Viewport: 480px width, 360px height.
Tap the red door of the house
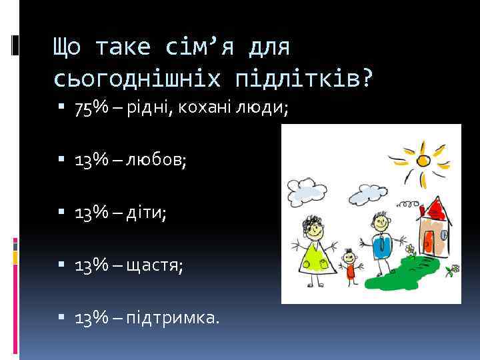(x=427, y=241)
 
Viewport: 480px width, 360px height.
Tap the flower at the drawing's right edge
(x=455, y=270)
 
